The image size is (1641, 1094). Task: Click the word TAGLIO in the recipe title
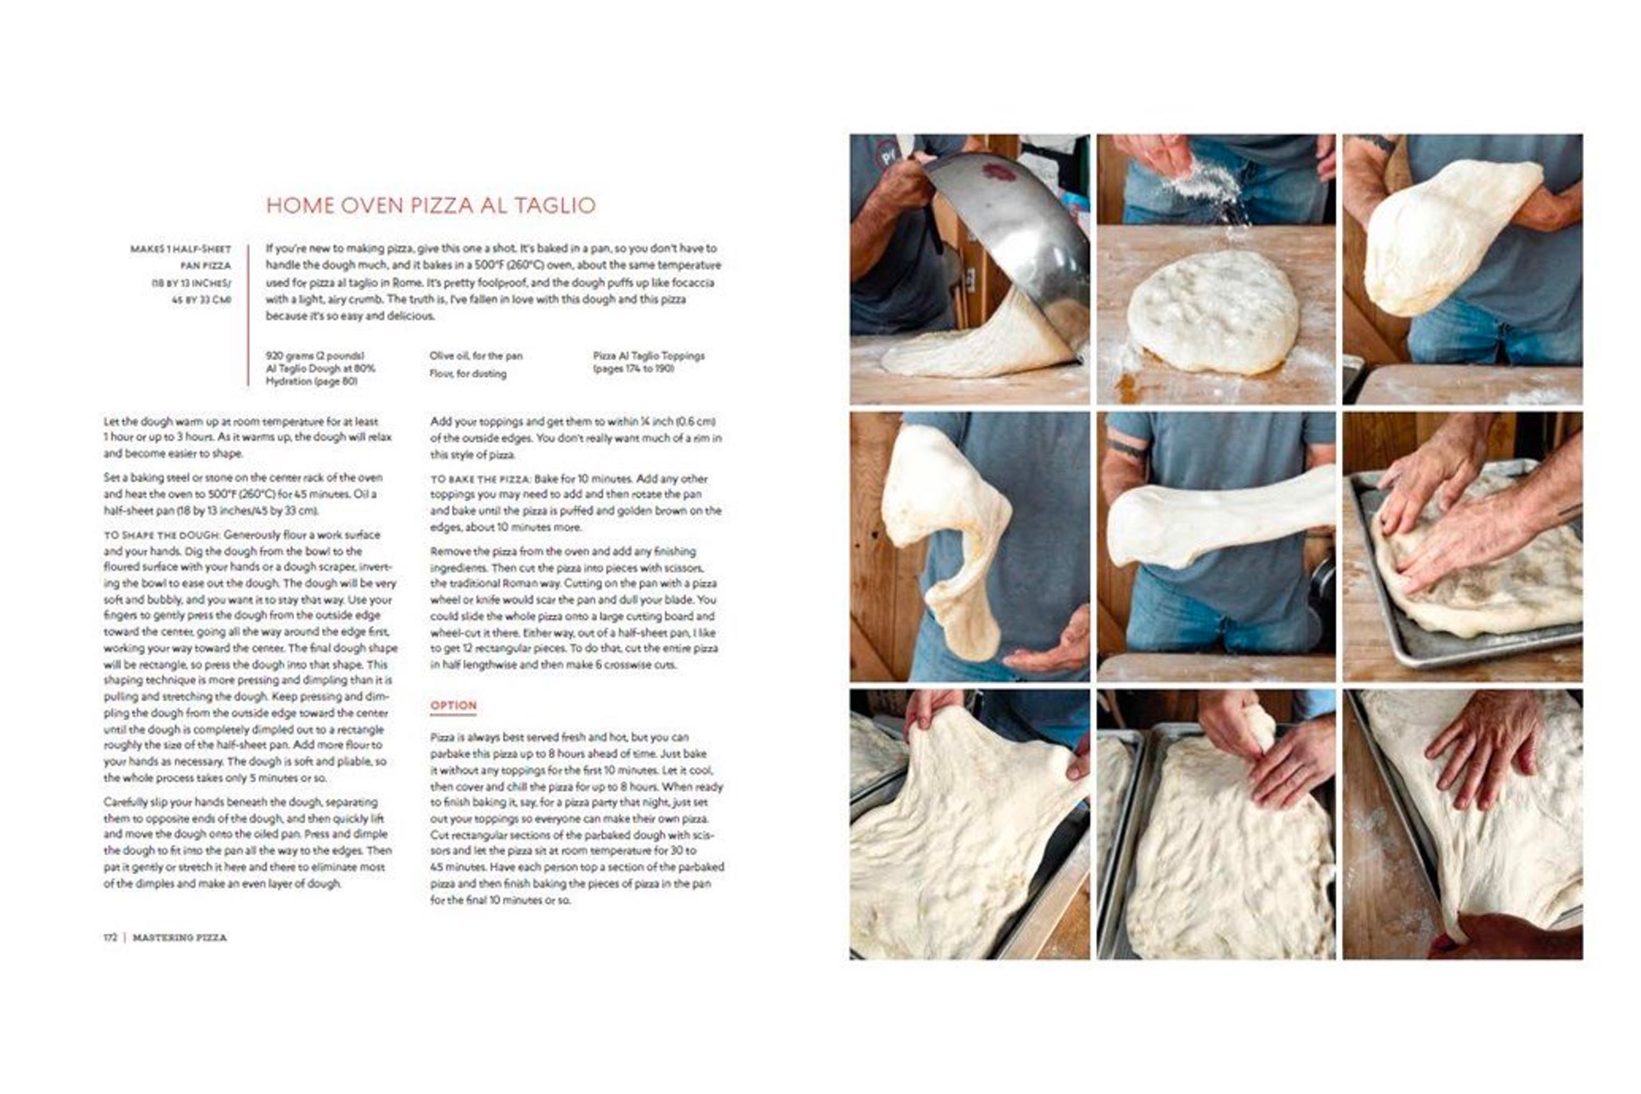[555, 205]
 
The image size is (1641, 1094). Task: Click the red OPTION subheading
[453, 706]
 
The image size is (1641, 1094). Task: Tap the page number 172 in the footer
[110, 938]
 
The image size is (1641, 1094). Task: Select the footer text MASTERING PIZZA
[180, 938]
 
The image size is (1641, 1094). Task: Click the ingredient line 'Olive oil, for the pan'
[476, 356]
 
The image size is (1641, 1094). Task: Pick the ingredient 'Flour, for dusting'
[468, 374]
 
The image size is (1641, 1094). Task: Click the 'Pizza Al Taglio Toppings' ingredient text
[649, 356]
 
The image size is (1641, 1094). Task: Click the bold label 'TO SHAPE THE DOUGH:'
[162, 535]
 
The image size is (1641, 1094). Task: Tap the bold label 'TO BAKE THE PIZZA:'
[481, 479]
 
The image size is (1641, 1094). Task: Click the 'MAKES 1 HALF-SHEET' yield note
[180, 249]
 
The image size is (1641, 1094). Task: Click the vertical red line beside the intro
[248, 314]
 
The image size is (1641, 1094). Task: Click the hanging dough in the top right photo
[1444, 237]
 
